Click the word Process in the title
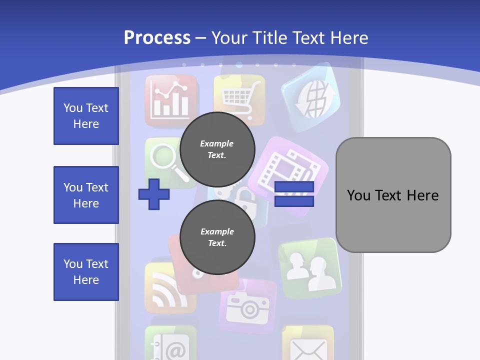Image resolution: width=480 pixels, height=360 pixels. click(157, 37)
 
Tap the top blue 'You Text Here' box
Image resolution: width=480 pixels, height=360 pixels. click(86, 116)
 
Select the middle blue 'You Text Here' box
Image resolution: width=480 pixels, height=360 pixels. click(86, 195)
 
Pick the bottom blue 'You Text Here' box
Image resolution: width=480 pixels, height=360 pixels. click(86, 272)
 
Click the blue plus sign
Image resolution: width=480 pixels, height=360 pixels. click(153, 194)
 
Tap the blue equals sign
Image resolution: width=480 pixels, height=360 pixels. click(294, 194)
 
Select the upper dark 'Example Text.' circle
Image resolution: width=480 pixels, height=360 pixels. click(217, 149)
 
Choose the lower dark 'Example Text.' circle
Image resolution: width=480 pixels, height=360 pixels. click(217, 237)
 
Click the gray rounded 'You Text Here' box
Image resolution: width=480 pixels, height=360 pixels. click(393, 195)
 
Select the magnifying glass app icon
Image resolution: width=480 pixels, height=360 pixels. click(165, 160)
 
